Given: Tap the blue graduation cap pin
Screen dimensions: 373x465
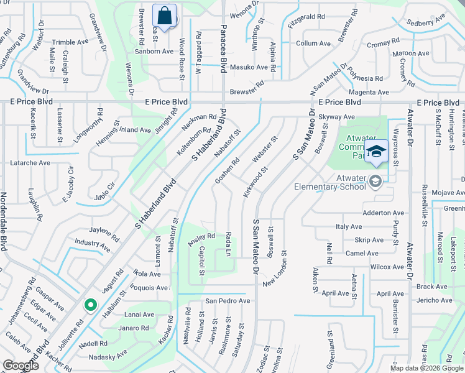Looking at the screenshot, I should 376,152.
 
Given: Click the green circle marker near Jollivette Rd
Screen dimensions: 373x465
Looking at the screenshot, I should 90,305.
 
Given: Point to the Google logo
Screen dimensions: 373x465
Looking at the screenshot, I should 20,366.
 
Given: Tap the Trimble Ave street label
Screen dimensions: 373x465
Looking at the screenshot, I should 70,42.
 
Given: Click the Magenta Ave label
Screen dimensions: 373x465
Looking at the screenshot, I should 369,93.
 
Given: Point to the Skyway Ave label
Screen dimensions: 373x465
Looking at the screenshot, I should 336,117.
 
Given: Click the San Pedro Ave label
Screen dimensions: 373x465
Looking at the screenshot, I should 228,301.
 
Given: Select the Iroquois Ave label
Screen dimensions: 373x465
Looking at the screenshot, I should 149,288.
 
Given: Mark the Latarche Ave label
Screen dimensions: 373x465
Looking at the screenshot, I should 30,163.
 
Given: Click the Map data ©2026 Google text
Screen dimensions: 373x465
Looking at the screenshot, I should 427,367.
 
